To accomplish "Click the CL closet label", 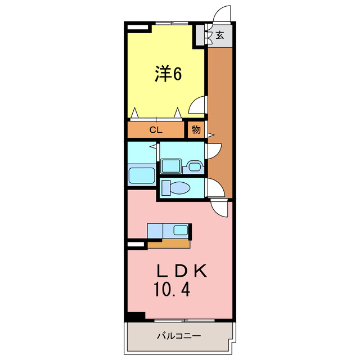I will click(x=156, y=130).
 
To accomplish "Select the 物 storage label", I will click(x=196, y=130).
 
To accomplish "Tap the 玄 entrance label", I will click(x=219, y=35).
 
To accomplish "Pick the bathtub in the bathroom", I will click(x=141, y=175).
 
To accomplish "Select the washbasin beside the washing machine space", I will click(x=195, y=166).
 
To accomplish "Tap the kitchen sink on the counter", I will click(x=181, y=229).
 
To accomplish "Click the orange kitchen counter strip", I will click(x=168, y=244).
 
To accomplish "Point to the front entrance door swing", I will click(x=223, y=14).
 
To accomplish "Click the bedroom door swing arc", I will click(x=198, y=105).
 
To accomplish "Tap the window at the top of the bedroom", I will click(x=172, y=24).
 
